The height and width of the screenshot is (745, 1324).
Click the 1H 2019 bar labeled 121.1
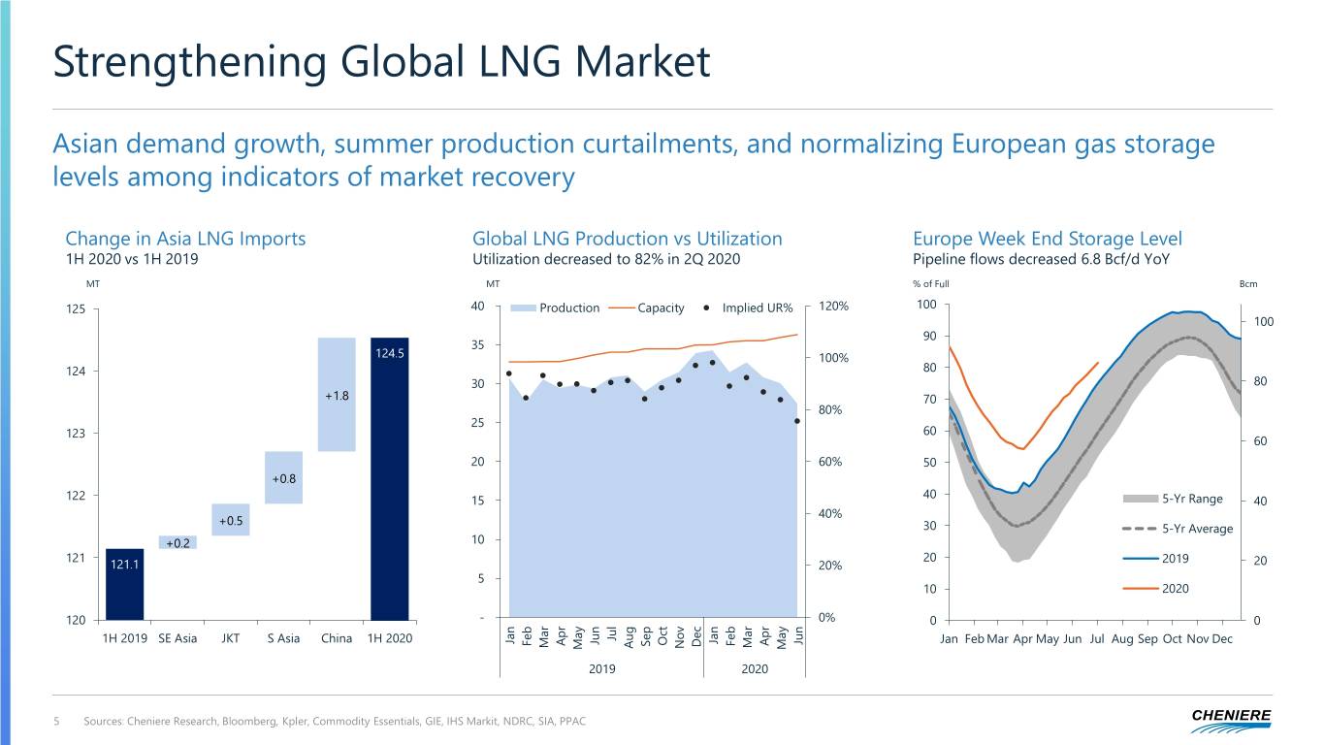[125, 584]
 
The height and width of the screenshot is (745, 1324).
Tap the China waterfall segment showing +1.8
[337, 395]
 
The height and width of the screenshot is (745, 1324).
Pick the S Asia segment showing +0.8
[283, 477]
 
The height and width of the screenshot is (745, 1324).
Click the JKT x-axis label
[230, 638]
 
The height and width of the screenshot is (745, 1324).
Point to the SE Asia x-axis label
[177, 638]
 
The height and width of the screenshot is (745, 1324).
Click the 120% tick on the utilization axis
[833, 307]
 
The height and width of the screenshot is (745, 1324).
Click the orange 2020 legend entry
[1175, 588]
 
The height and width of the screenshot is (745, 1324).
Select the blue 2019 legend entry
[1175, 559]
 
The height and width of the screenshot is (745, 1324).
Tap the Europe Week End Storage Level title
[1047, 239]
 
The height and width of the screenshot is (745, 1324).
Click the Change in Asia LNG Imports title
[185, 239]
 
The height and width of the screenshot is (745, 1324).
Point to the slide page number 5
[57, 721]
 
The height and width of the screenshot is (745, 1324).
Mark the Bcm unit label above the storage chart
[1248, 284]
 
